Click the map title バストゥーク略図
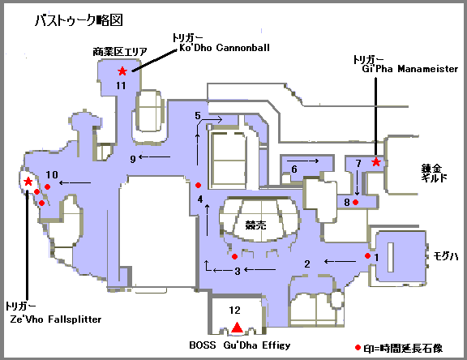(x=79, y=20)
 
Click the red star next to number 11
(x=122, y=71)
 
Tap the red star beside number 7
(x=376, y=162)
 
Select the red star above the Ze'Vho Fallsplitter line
(x=28, y=181)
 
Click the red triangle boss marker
(x=237, y=328)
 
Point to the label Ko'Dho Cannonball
(x=225, y=48)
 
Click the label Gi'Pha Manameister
(x=409, y=69)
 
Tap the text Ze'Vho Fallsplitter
(x=56, y=319)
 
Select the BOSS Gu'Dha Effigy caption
(x=240, y=345)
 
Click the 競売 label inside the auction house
(x=255, y=225)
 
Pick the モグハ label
(x=446, y=256)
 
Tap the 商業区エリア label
(x=120, y=52)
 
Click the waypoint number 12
(x=234, y=311)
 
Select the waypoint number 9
(x=133, y=159)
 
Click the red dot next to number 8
(x=355, y=202)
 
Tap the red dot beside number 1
(x=367, y=255)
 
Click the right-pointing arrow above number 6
(x=302, y=161)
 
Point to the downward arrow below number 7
(x=357, y=183)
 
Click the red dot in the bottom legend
(x=358, y=348)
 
